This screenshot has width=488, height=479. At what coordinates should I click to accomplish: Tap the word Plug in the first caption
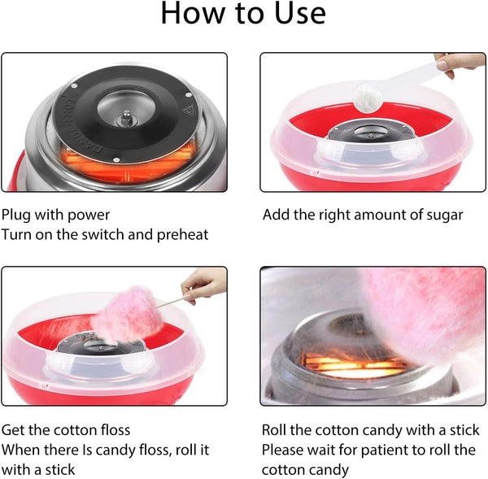pyautogui.click(x=17, y=216)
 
